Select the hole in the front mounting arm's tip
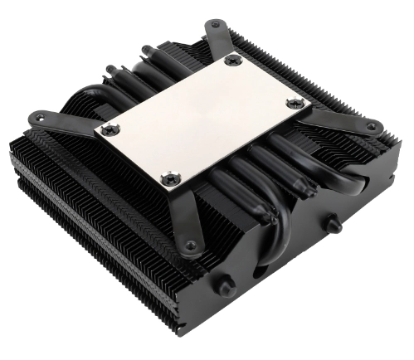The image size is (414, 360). pyautogui.click(x=190, y=246)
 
